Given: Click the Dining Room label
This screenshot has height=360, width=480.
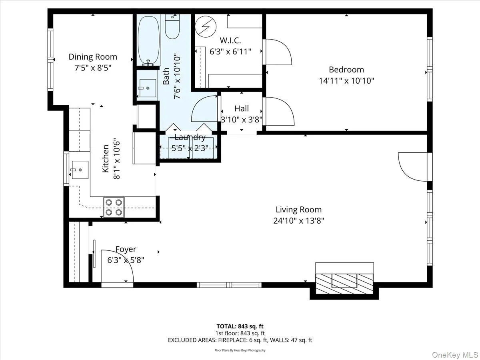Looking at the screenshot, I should coord(93,57).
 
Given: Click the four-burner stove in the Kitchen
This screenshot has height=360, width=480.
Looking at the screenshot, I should coord(114,207).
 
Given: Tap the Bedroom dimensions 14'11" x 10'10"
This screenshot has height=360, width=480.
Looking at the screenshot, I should coord(346,81).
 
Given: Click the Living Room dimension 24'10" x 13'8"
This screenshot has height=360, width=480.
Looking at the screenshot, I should coord(298,220).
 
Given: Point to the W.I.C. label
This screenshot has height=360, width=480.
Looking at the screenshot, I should coord(230,40).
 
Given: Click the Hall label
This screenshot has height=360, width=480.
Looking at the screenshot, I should coord(242,108).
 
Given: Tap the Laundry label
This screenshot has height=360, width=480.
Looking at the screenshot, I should coord(190,138).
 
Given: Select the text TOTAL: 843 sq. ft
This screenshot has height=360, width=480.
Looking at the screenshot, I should coord(240,326).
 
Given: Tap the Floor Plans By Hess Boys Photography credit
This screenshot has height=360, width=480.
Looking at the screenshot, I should coord(240,350).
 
